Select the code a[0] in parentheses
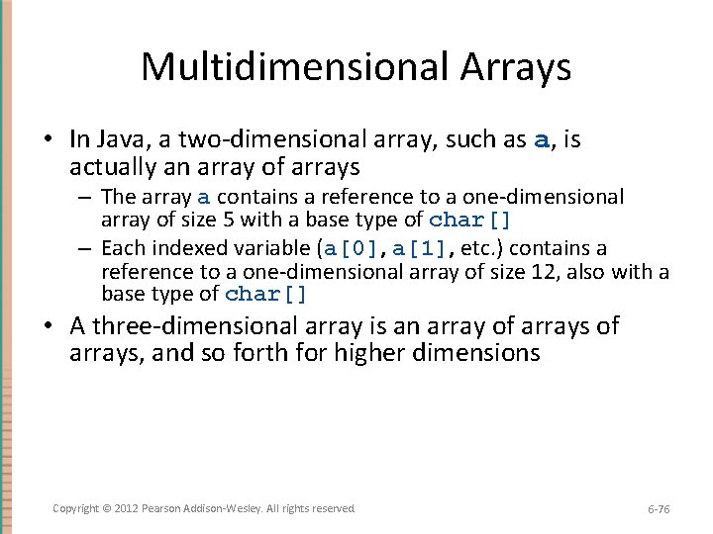(x=355, y=248)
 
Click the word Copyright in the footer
(x=77, y=508)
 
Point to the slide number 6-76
(x=658, y=509)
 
